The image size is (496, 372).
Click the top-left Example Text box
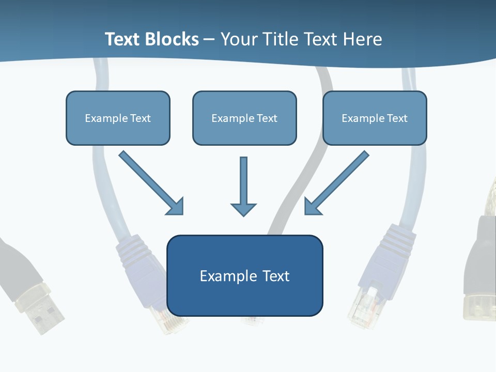[x=118, y=118]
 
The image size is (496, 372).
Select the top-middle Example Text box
[x=244, y=118]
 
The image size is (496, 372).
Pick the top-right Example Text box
[x=375, y=118]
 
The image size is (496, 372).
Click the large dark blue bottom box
[x=244, y=289]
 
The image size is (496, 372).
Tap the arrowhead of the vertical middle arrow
[x=243, y=209]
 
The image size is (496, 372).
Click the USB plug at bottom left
[x=44, y=310]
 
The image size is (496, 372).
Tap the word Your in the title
[x=239, y=39]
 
